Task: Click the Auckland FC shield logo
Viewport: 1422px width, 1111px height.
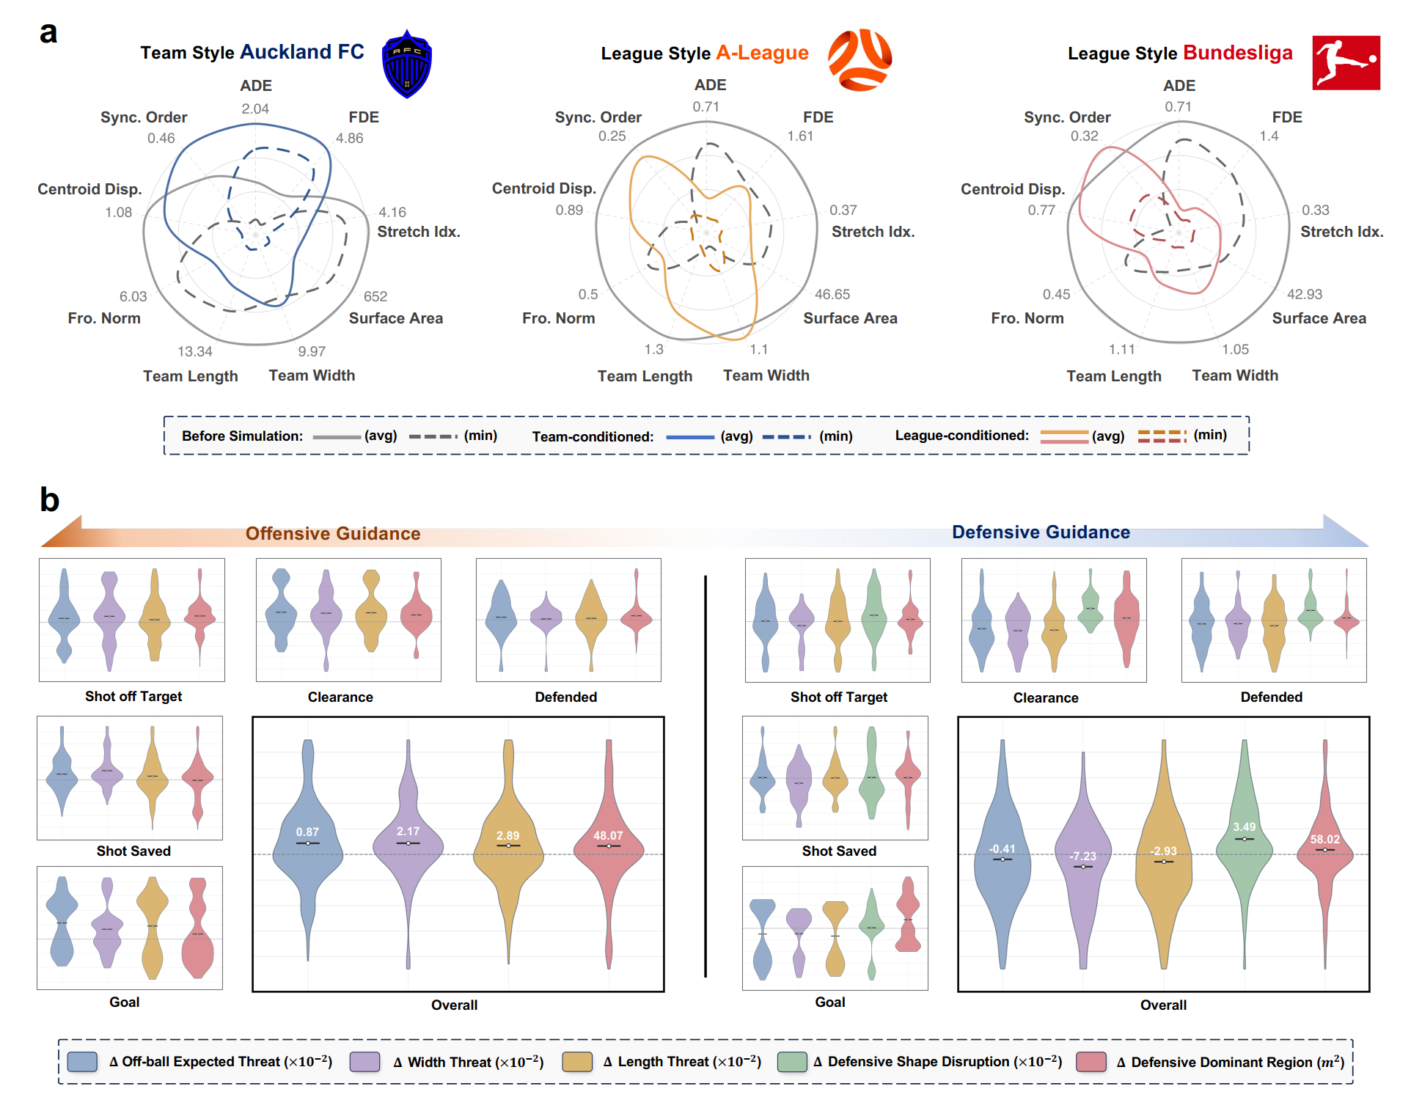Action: click(407, 64)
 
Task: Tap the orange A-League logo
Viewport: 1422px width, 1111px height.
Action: click(860, 59)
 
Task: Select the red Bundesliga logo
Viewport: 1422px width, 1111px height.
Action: click(1346, 63)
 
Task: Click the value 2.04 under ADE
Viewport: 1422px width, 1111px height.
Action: click(255, 109)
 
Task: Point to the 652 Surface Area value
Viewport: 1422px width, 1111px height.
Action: click(375, 296)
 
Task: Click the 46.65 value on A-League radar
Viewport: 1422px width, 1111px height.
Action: click(832, 294)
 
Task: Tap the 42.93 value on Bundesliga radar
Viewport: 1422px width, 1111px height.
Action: click(1305, 294)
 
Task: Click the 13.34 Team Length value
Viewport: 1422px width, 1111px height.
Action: click(195, 351)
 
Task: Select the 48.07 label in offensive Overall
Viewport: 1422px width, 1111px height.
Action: click(608, 835)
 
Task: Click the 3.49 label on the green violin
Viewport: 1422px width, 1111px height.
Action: click(1244, 826)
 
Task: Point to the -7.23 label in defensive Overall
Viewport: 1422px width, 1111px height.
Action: click(1082, 856)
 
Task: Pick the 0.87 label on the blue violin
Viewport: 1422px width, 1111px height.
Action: click(307, 832)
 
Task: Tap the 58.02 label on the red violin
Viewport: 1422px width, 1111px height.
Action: click(1324, 840)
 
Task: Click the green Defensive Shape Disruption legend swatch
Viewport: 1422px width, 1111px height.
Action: click(792, 1062)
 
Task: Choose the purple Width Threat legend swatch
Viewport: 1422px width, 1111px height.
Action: click(364, 1062)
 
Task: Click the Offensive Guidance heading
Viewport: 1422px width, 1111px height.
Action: click(333, 533)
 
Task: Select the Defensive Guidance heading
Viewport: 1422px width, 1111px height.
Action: click(1041, 532)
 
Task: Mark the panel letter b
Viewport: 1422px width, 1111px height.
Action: click(49, 500)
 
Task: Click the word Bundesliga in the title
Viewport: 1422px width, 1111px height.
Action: click(1237, 53)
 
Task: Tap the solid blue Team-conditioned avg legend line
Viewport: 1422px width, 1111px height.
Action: click(689, 437)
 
